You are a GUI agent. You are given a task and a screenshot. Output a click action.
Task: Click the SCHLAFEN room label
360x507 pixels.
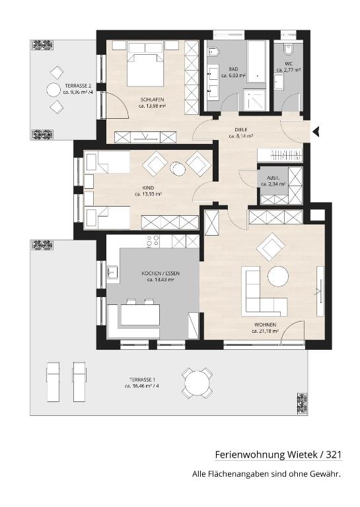click(152, 100)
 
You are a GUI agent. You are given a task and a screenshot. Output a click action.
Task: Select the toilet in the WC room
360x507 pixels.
click(288, 49)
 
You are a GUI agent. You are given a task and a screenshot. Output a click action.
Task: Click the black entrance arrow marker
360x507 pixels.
click(316, 131)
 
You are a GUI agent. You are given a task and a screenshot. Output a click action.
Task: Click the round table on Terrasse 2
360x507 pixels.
click(53, 90)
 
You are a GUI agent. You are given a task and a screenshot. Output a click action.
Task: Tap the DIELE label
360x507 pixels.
click(240, 129)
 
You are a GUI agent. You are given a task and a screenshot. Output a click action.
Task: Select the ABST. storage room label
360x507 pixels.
click(272, 178)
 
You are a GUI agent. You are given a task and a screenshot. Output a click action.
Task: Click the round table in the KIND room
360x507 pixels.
click(178, 168)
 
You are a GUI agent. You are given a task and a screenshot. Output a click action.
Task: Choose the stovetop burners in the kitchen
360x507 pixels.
click(153, 242)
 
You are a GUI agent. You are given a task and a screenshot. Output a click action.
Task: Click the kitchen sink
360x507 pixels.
click(112, 272)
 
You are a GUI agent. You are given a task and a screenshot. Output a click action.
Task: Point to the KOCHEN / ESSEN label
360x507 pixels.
click(161, 273)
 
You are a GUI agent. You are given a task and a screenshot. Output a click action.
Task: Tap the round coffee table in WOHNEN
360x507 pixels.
click(278, 277)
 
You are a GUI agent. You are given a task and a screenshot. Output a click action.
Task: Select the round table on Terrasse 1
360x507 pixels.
click(197, 383)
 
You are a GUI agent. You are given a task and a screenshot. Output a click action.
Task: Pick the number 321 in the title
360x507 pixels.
click(334, 455)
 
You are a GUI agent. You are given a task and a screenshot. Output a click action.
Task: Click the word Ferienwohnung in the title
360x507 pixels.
click(250, 455)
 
